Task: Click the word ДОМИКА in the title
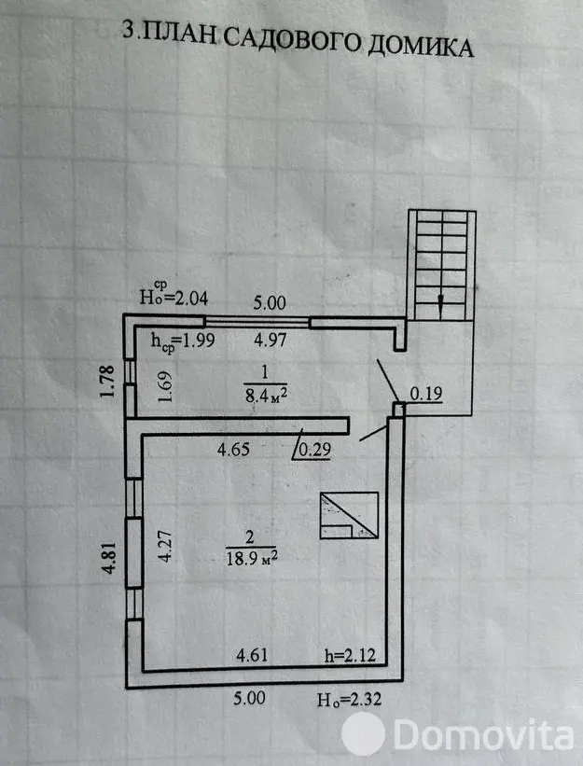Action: click(421, 47)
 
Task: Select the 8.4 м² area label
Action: click(266, 395)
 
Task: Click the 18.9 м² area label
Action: click(252, 557)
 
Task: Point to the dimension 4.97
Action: click(270, 339)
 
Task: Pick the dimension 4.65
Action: click(233, 449)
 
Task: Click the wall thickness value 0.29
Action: click(314, 449)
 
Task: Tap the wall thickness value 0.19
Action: click(425, 393)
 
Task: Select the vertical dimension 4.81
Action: click(109, 557)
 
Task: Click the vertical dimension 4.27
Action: click(165, 546)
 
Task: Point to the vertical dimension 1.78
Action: click(107, 381)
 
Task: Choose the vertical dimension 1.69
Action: click(165, 386)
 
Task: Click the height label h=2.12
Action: click(351, 655)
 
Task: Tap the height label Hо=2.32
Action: click(349, 700)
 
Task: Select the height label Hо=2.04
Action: click(174, 293)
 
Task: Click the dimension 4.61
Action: click(252, 655)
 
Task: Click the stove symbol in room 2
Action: click(349, 515)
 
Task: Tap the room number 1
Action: click(265, 373)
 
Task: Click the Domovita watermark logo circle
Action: click(363, 733)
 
